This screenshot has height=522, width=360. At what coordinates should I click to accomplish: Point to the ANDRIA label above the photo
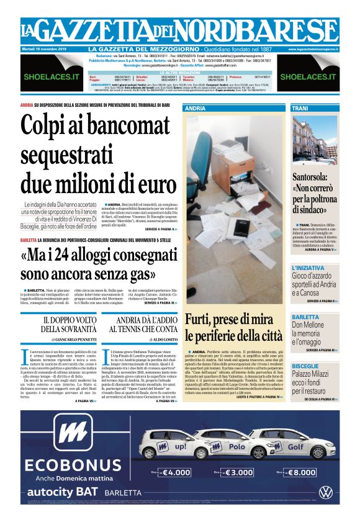pos(196,108)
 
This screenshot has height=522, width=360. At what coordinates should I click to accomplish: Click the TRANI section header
pos(300,108)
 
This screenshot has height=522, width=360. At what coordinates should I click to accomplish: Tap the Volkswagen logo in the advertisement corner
pos(325,492)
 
